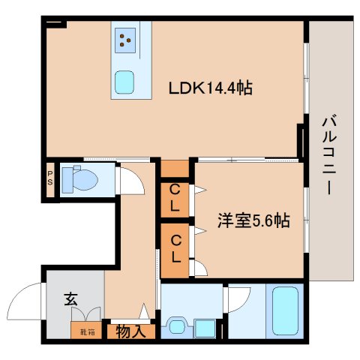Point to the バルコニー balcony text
pos(328,154)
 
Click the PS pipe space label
pos(50,180)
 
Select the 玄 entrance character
pos(70,298)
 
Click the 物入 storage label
pos(131,331)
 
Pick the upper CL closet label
pos(174,198)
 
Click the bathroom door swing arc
pos(238,298)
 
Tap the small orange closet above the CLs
pos(175,168)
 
